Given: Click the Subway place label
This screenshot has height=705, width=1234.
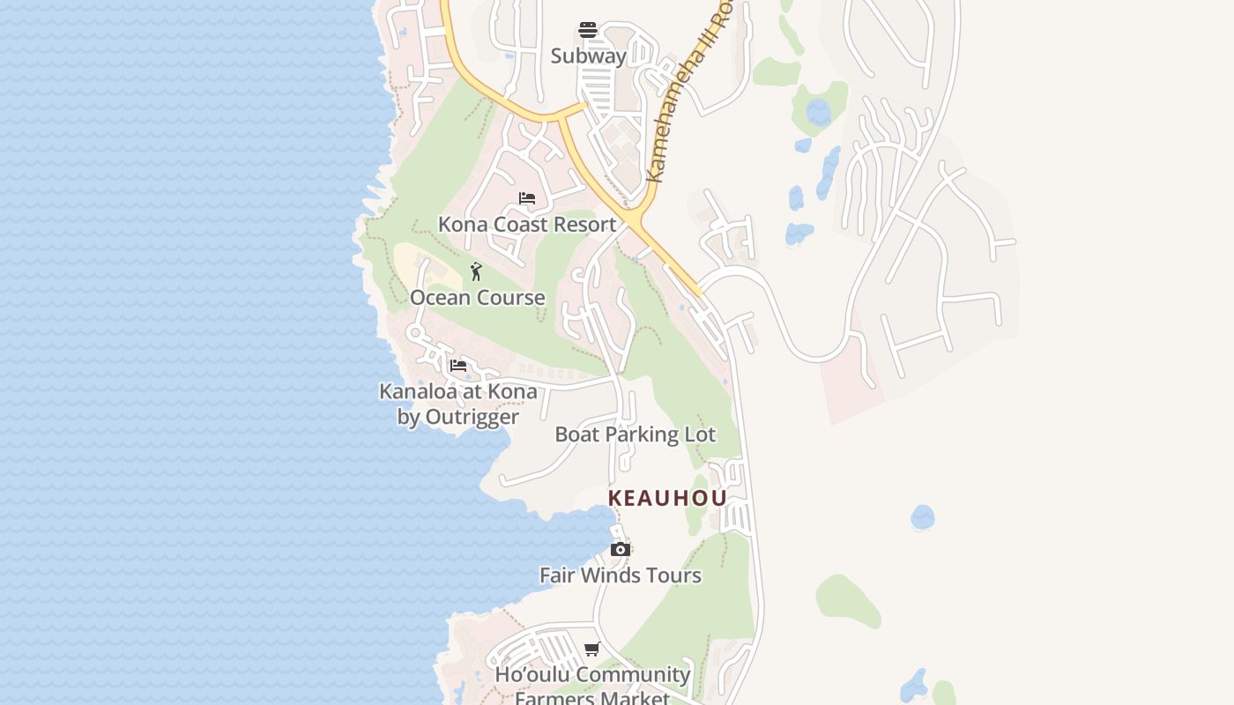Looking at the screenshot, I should [588, 56].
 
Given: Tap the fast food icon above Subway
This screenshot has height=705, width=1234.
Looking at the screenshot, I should [588, 30].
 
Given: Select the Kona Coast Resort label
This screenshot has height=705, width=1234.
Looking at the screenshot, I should [527, 225].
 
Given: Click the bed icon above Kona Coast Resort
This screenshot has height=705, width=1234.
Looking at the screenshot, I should [527, 198].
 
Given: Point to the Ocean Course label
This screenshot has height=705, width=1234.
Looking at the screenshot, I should [477, 298].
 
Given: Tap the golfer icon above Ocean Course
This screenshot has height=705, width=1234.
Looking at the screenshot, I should [476, 271].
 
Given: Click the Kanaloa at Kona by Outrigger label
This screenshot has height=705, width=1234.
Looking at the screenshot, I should [457, 404].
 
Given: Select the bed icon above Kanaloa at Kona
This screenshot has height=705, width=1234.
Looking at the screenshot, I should [457, 365].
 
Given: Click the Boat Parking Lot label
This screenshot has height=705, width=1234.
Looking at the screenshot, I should [635, 434].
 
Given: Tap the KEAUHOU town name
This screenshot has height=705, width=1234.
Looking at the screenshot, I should [667, 498].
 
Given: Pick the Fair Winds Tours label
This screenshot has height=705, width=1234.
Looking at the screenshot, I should [620, 575].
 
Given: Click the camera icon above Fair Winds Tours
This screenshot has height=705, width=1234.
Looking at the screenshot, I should [620, 550].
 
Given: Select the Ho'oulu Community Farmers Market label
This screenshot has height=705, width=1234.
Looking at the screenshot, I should [592, 686].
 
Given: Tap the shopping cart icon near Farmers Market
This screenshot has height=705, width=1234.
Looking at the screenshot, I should [591, 649].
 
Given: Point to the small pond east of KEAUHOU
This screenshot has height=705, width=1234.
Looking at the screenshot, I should [922, 516].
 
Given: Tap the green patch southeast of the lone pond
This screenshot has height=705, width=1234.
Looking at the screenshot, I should [847, 600].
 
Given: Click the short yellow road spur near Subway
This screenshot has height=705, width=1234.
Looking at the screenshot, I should [573, 108].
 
